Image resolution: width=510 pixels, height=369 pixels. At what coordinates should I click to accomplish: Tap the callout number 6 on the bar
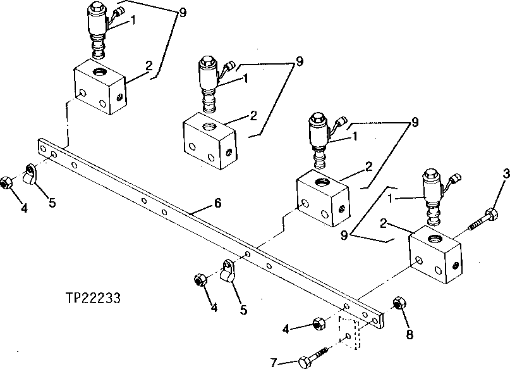tap(217, 203)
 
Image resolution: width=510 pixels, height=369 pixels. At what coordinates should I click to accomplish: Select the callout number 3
tap(505, 173)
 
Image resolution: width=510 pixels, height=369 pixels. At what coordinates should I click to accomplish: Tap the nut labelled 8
tap(399, 304)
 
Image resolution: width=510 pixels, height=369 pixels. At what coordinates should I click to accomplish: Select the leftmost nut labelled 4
tap(7, 182)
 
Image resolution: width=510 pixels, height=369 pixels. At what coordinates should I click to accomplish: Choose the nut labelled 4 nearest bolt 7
tap(319, 325)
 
